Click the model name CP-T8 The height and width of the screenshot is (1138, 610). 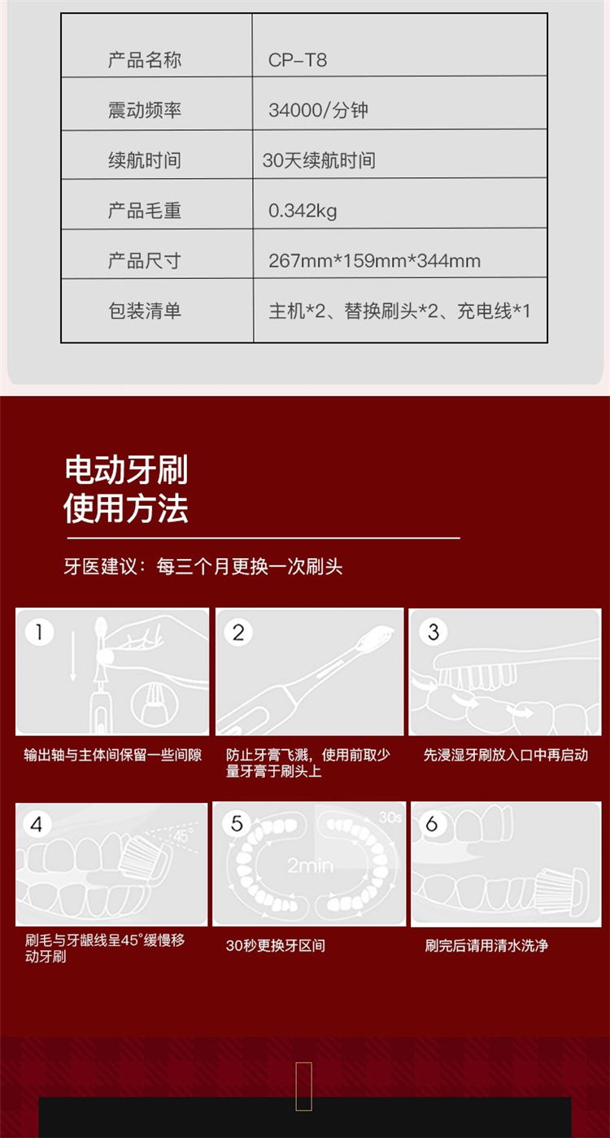[297, 60]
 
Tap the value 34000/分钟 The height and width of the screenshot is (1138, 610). [318, 110]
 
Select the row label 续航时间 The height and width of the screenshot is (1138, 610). [145, 160]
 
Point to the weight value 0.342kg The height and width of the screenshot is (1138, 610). [303, 211]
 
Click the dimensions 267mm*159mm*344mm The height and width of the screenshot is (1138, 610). [374, 260]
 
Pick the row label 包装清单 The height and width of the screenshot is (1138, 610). [145, 311]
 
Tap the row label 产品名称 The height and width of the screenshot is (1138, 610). [145, 60]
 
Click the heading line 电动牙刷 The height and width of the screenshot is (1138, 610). [126, 469]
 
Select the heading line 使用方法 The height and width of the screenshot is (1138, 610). [126, 508]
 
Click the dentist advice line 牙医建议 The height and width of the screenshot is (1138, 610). [203, 566]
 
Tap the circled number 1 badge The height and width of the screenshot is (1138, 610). [39, 632]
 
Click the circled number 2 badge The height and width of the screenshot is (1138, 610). [238, 633]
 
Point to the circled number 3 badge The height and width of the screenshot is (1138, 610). [434, 632]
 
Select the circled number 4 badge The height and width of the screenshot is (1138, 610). [36, 824]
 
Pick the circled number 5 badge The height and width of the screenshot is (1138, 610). [237, 823]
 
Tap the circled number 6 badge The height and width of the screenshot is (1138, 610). [432, 823]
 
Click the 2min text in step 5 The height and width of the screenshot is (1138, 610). [311, 865]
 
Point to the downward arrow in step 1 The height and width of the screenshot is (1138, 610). [73, 656]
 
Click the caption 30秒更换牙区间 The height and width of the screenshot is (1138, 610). [275, 945]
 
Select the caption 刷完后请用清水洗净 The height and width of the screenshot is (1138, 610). [486, 945]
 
